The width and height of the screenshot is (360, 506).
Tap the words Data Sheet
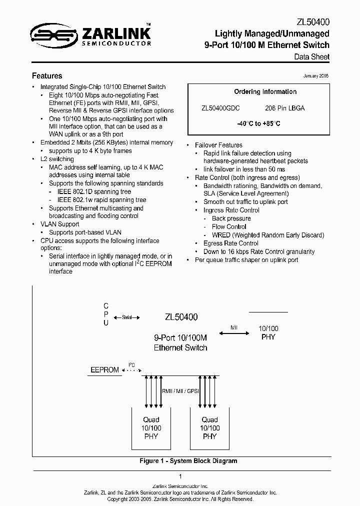[311, 57]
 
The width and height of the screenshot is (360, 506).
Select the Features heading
[47, 76]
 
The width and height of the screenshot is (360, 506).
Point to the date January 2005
[316, 76]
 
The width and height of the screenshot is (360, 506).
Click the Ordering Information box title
[265, 92]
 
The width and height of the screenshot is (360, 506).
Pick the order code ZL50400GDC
[220, 108]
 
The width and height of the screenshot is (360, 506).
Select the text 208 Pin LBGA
[284, 108]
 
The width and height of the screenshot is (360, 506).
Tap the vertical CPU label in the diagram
[105, 314]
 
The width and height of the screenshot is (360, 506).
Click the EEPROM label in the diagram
[104, 370]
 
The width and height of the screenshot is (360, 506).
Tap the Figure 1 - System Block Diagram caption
[188, 461]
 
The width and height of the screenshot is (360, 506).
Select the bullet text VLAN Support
[62, 224]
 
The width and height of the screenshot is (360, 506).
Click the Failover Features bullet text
[218, 145]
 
